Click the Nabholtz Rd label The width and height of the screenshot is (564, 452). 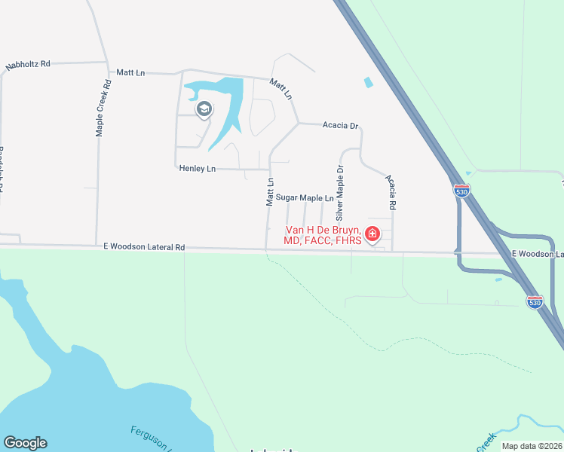point(27,65)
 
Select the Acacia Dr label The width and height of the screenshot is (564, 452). point(339,126)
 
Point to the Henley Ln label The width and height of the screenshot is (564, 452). point(197,169)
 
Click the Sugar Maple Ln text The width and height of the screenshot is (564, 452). point(304,197)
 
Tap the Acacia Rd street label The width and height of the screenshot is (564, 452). point(391,191)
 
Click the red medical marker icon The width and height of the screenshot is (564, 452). point(372,234)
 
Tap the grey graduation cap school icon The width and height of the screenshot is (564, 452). point(203,111)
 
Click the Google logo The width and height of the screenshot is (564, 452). point(25,443)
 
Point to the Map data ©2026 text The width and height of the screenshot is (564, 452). point(532,446)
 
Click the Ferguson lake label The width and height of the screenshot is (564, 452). point(152,439)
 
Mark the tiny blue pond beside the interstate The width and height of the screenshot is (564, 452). point(368,82)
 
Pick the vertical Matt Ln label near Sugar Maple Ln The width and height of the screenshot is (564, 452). point(269,192)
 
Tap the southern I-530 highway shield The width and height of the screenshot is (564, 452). point(535,302)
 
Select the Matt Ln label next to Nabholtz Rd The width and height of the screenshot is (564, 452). point(130,72)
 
